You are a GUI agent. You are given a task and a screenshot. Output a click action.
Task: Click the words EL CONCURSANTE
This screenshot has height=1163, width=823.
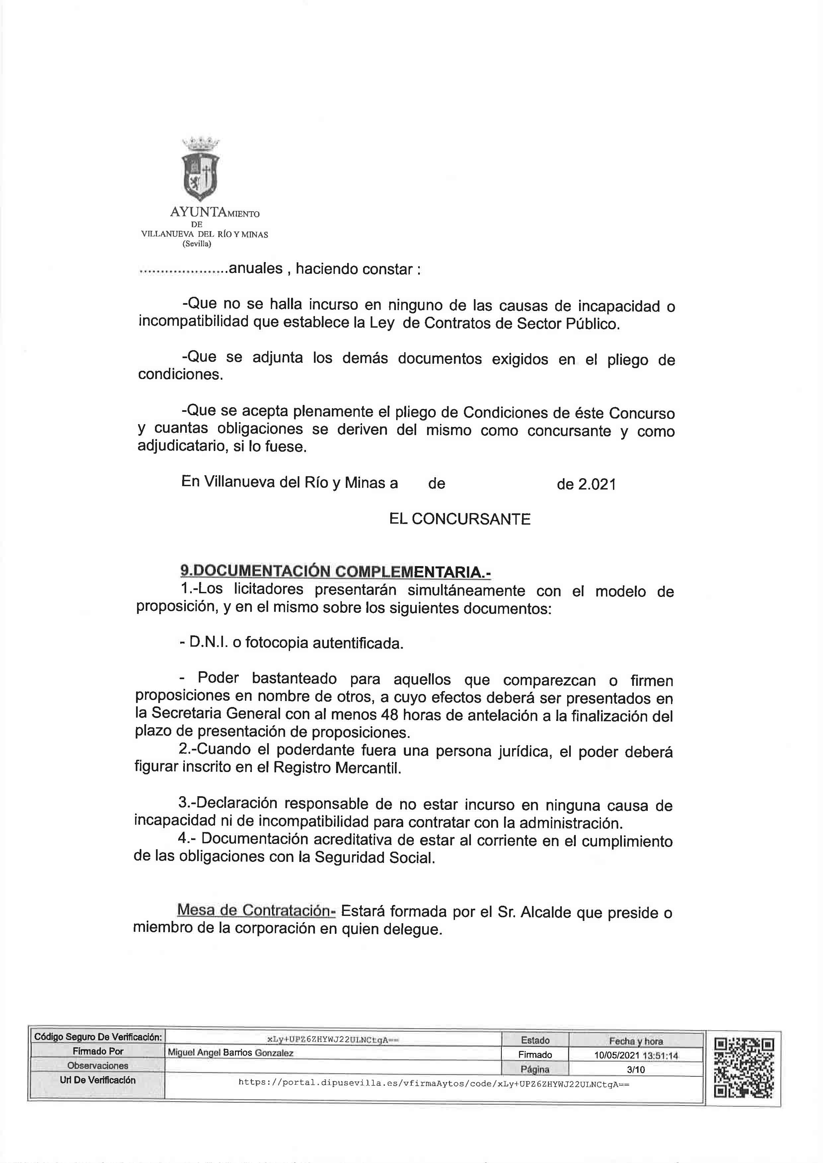(x=460, y=519)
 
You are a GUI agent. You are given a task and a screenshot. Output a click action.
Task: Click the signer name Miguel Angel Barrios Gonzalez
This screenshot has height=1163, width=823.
(x=231, y=1053)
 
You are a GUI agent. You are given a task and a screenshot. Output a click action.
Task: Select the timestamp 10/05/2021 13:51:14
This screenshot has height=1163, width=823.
(x=636, y=1056)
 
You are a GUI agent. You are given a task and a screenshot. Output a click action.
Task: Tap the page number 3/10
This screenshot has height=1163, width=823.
(x=636, y=1070)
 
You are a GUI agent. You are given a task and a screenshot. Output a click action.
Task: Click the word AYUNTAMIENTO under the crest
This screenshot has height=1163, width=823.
(x=214, y=213)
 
